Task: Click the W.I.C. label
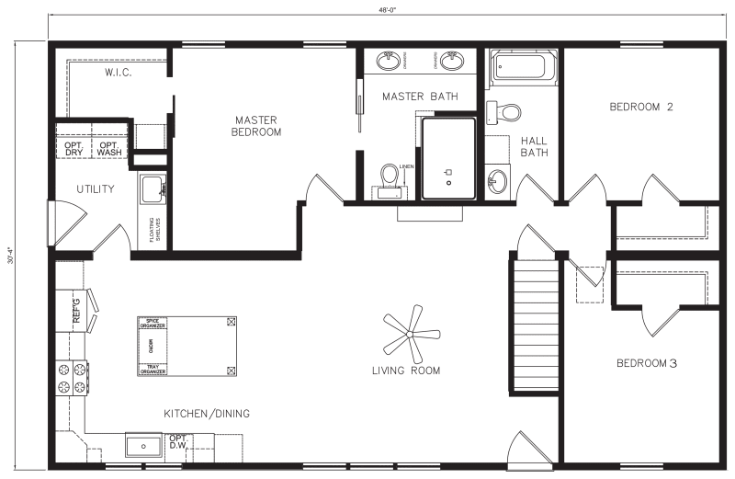(120, 73)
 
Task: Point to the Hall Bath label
(534, 146)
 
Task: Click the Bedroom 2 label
(641, 107)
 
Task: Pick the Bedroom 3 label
(646, 363)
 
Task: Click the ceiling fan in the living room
(406, 336)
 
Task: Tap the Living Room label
(405, 371)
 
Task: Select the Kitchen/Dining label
(207, 414)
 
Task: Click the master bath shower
(448, 158)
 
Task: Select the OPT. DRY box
(74, 148)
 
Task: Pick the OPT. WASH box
(109, 148)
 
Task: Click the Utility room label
(96, 189)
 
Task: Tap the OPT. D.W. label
(178, 442)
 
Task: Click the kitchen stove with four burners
(73, 378)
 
